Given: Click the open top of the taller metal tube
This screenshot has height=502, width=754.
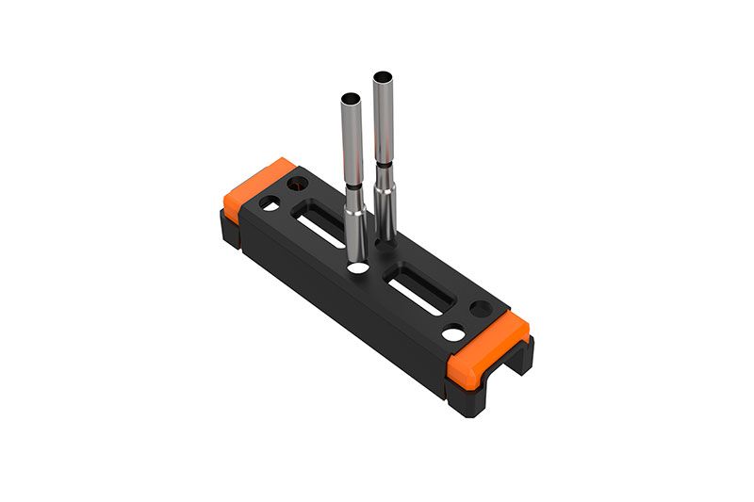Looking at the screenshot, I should (383, 76).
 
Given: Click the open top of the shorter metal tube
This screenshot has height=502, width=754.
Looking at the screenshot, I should (350, 98).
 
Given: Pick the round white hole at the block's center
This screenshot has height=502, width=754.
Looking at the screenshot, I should (357, 268).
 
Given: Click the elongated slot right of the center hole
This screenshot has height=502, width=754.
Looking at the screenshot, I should (420, 293).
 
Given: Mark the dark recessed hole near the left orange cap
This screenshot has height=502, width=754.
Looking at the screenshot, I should (299, 181).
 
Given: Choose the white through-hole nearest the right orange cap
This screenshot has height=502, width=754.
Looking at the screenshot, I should (453, 333).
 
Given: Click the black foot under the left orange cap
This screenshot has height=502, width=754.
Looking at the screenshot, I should (230, 232).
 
